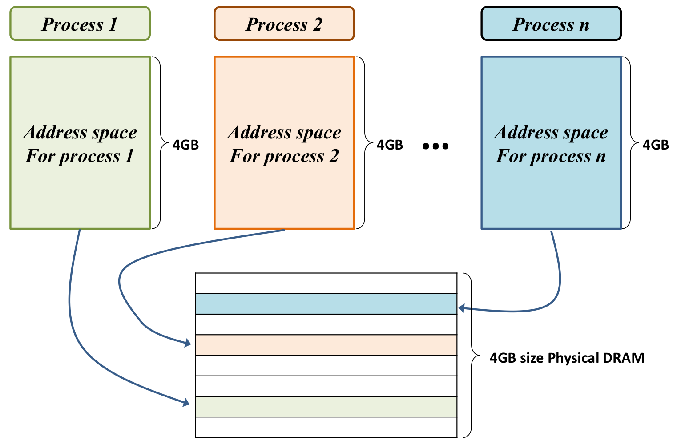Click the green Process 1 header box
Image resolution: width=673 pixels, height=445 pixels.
(80, 24)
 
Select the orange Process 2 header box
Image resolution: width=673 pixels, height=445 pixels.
(284, 24)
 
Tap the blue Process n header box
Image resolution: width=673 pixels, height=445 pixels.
(551, 24)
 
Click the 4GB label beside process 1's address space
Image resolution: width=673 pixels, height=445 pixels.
(185, 145)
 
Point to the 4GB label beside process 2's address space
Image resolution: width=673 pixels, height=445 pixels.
(390, 145)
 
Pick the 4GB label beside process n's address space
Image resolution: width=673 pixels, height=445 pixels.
(656, 145)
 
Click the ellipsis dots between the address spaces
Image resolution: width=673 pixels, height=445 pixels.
(435, 146)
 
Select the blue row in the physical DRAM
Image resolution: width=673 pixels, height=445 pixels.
(326, 304)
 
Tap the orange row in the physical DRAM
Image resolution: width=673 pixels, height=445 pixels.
(326, 345)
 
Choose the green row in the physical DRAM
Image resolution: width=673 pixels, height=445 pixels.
(326, 407)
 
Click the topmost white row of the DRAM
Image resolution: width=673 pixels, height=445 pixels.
(326, 283)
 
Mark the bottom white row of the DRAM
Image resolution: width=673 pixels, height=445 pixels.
(326, 427)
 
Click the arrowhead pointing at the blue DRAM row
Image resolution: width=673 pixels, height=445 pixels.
(462, 308)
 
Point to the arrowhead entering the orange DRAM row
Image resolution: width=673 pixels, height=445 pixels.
(188, 343)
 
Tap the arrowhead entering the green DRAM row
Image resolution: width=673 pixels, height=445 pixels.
(186, 403)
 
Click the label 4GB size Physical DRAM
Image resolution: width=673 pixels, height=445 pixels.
(567, 358)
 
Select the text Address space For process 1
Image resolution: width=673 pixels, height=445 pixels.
(80, 144)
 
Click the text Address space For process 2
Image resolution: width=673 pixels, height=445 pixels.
(284, 144)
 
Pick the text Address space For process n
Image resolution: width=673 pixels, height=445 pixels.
(551, 144)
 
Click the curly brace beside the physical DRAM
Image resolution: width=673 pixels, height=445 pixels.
(471, 355)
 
